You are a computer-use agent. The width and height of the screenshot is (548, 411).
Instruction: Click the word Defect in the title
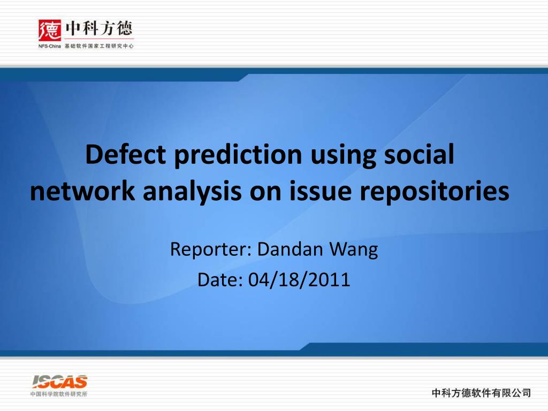125,154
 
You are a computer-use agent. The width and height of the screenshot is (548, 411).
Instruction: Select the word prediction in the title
238,155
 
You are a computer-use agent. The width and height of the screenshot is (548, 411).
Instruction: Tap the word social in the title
419,154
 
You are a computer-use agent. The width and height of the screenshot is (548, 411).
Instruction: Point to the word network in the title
82,191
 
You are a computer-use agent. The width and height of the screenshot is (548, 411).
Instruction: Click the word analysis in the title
192,192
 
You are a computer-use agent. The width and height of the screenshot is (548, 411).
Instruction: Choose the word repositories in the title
435,192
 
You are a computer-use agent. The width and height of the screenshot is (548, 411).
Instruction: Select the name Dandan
290,249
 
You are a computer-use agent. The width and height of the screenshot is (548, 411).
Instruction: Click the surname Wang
354,250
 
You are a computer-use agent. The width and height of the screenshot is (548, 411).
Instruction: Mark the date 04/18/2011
299,279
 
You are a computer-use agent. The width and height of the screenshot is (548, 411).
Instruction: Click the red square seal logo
50,31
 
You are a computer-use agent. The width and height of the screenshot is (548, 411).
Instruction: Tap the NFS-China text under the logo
50,46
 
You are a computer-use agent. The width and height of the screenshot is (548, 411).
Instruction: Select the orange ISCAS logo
59,382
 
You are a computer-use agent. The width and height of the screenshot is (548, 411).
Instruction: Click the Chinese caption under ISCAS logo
59,394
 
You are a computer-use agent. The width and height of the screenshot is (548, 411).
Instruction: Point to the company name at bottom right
482,393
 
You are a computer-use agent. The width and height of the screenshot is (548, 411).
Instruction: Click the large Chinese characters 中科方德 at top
99,28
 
